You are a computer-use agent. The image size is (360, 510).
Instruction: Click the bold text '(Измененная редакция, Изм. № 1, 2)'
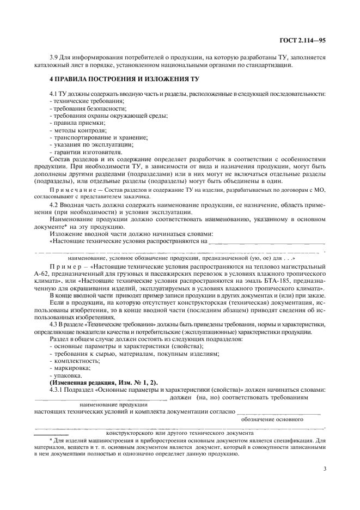(103, 382)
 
